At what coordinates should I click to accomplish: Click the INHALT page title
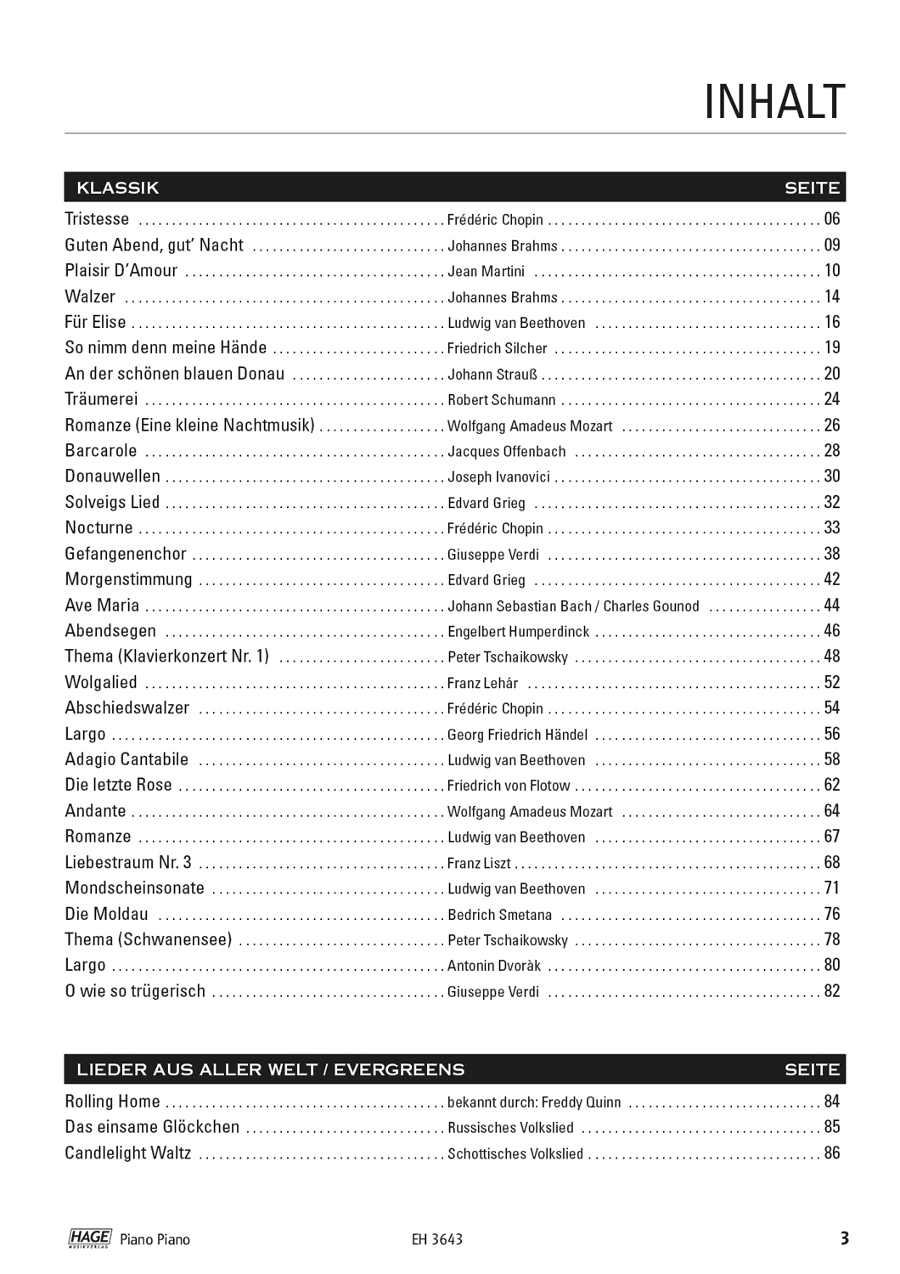pyautogui.click(x=774, y=103)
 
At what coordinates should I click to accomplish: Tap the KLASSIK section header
pyautogui.click(x=117, y=188)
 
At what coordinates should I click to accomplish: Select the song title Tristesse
pyautogui.click(x=98, y=219)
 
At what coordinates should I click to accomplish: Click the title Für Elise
pyautogui.click(x=95, y=323)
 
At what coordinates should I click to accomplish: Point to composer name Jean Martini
pyautogui.click(x=486, y=272)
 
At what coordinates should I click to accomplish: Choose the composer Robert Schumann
pyautogui.click(x=501, y=400)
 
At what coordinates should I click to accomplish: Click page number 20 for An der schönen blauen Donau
pyautogui.click(x=831, y=374)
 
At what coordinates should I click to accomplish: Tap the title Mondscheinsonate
pyautogui.click(x=135, y=888)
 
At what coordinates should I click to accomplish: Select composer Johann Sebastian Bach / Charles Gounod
pyautogui.click(x=573, y=606)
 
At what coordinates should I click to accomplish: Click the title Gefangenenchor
pyautogui.click(x=126, y=554)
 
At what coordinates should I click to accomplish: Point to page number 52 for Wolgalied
pyautogui.click(x=831, y=683)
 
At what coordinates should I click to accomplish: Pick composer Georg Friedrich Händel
pyautogui.click(x=517, y=735)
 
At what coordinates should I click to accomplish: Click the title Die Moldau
pyautogui.click(x=106, y=915)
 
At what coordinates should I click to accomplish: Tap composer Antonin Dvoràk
pyautogui.click(x=493, y=966)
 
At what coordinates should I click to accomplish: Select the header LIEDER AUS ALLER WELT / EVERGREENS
pyautogui.click(x=270, y=1069)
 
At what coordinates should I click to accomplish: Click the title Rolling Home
pyautogui.click(x=112, y=1102)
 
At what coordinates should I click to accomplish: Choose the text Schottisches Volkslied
pyautogui.click(x=515, y=1154)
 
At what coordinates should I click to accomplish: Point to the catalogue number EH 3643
pyautogui.click(x=436, y=1240)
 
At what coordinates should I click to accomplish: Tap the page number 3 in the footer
pyautogui.click(x=844, y=1238)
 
